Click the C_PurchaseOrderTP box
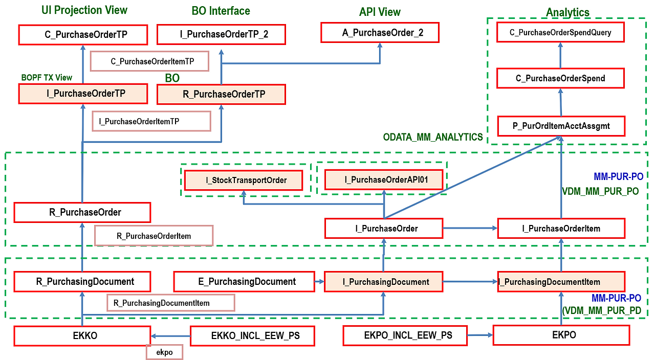pos(83,35)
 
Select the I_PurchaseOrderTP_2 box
pos(221,35)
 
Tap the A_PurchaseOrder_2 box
pos(380,33)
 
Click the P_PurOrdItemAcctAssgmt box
pos(561,126)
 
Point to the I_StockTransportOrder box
pos(243,180)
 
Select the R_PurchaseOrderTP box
pos(221,95)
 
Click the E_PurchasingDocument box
pos(244,282)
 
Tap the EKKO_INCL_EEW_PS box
pos(252,336)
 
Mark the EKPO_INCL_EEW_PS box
pos(405,335)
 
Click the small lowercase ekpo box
pos(164,352)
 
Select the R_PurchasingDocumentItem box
pos(170,303)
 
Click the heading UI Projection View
pos(84,10)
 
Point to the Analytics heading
pos(567,12)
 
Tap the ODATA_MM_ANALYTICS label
pos(433,137)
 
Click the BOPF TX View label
pos(47,78)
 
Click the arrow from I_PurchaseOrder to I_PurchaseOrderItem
pos(470,228)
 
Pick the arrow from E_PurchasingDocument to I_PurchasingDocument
pos(319,282)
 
